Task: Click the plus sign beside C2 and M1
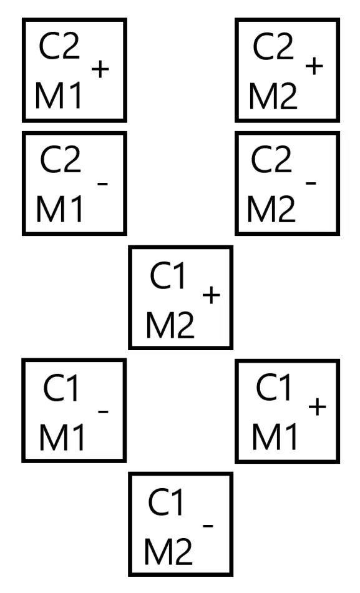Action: [x=100, y=69]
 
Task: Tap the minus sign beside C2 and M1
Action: [x=103, y=184]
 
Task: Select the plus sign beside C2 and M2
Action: [x=314, y=67]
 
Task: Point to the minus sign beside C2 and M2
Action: [x=311, y=184]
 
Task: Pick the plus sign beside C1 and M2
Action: [x=212, y=295]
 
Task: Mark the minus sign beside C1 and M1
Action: [x=103, y=411]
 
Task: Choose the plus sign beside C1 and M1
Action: [x=318, y=407]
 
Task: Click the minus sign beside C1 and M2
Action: [x=208, y=526]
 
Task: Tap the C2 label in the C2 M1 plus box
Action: [x=59, y=46]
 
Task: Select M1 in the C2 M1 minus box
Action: [x=59, y=208]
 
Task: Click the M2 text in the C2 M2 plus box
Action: [x=273, y=96]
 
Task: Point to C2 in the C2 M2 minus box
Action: [x=271, y=159]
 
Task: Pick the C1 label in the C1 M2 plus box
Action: [x=168, y=276]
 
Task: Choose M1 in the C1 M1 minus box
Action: [x=62, y=437]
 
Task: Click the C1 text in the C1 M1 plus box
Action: [x=274, y=387]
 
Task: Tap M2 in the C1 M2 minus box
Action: [x=168, y=552]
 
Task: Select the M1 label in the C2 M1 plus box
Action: [x=58, y=96]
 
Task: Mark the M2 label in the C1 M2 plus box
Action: [x=170, y=325]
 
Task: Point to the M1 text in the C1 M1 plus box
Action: [x=275, y=436]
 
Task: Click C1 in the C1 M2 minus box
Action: [x=166, y=502]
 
